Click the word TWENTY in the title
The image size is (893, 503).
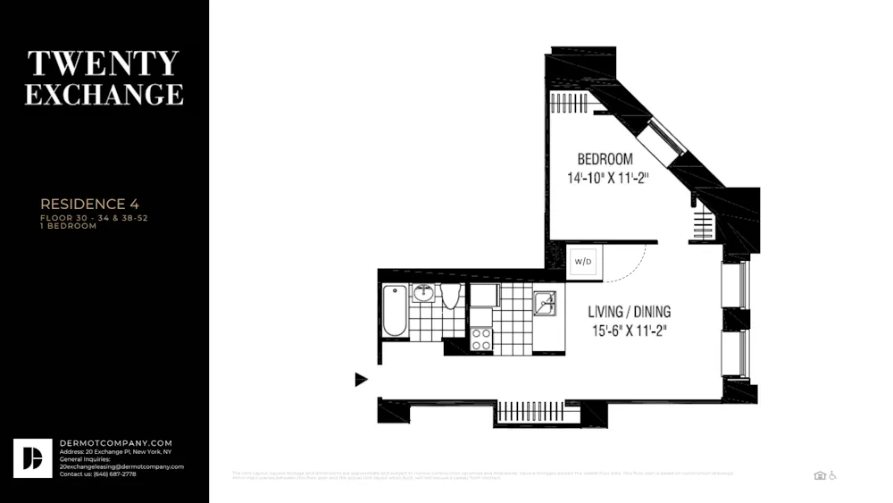tap(104, 63)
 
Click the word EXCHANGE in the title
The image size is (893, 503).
tap(104, 94)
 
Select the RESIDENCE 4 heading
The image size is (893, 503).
tap(89, 205)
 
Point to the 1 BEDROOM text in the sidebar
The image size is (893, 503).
tap(68, 226)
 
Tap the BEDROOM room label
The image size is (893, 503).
tap(604, 158)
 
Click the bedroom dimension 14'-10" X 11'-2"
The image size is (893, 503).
tap(607, 178)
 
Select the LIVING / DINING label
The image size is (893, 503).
tap(629, 312)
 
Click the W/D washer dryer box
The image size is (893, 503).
tap(584, 262)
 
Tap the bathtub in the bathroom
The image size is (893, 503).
tap(394, 310)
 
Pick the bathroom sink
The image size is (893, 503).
tap(423, 294)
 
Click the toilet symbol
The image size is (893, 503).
tap(450, 296)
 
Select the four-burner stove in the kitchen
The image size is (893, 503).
tap(481, 339)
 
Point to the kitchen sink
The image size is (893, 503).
tap(545, 304)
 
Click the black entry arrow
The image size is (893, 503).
tap(361, 380)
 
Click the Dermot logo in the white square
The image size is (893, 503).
tap(32, 457)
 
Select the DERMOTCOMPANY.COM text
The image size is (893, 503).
tap(115, 443)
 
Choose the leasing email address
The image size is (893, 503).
tap(121, 466)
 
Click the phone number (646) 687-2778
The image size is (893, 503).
tap(117, 474)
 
